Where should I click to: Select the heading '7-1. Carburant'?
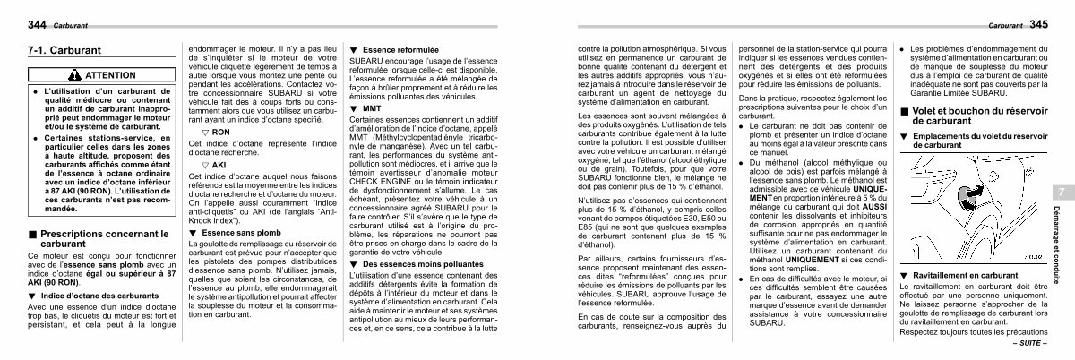(64, 52)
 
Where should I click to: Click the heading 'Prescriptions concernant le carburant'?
(99, 237)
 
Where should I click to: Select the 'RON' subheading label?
(220, 131)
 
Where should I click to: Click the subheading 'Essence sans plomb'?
(235, 232)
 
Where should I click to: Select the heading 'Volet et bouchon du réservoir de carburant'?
(967, 115)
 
